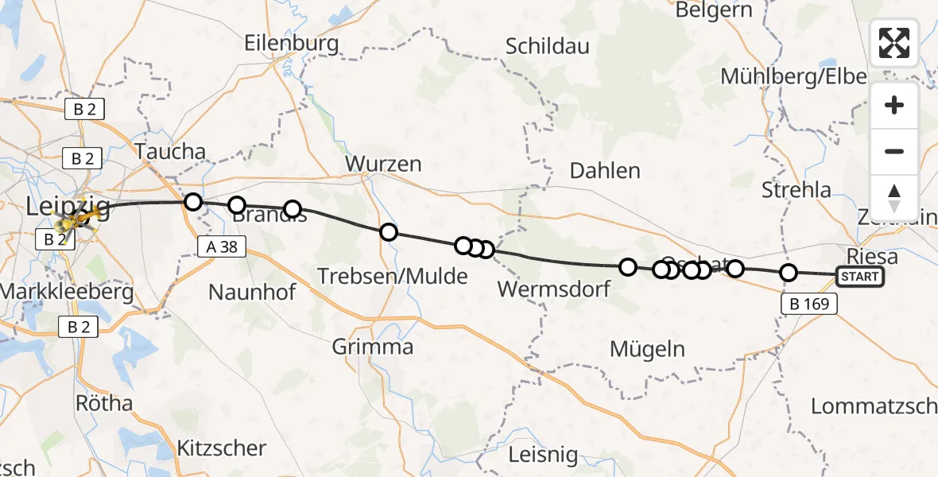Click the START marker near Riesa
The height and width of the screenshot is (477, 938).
[x=859, y=277]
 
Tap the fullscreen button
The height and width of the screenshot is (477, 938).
[x=894, y=43]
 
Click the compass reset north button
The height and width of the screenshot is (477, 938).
[x=894, y=198]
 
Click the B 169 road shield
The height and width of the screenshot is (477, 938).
[x=810, y=303]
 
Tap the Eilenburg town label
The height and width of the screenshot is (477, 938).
[x=292, y=42]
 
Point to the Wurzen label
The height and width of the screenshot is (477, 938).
[x=383, y=165]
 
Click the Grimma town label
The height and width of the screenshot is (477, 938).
[x=373, y=347]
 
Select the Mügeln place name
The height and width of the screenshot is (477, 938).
[x=647, y=348]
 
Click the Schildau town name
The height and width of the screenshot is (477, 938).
[x=548, y=46]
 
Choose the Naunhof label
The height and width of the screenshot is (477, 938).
[x=252, y=292]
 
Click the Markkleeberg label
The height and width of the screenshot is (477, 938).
[x=68, y=292]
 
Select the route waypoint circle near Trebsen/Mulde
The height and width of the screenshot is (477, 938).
[x=388, y=232]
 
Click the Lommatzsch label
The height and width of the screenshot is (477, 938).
[x=873, y=405]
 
